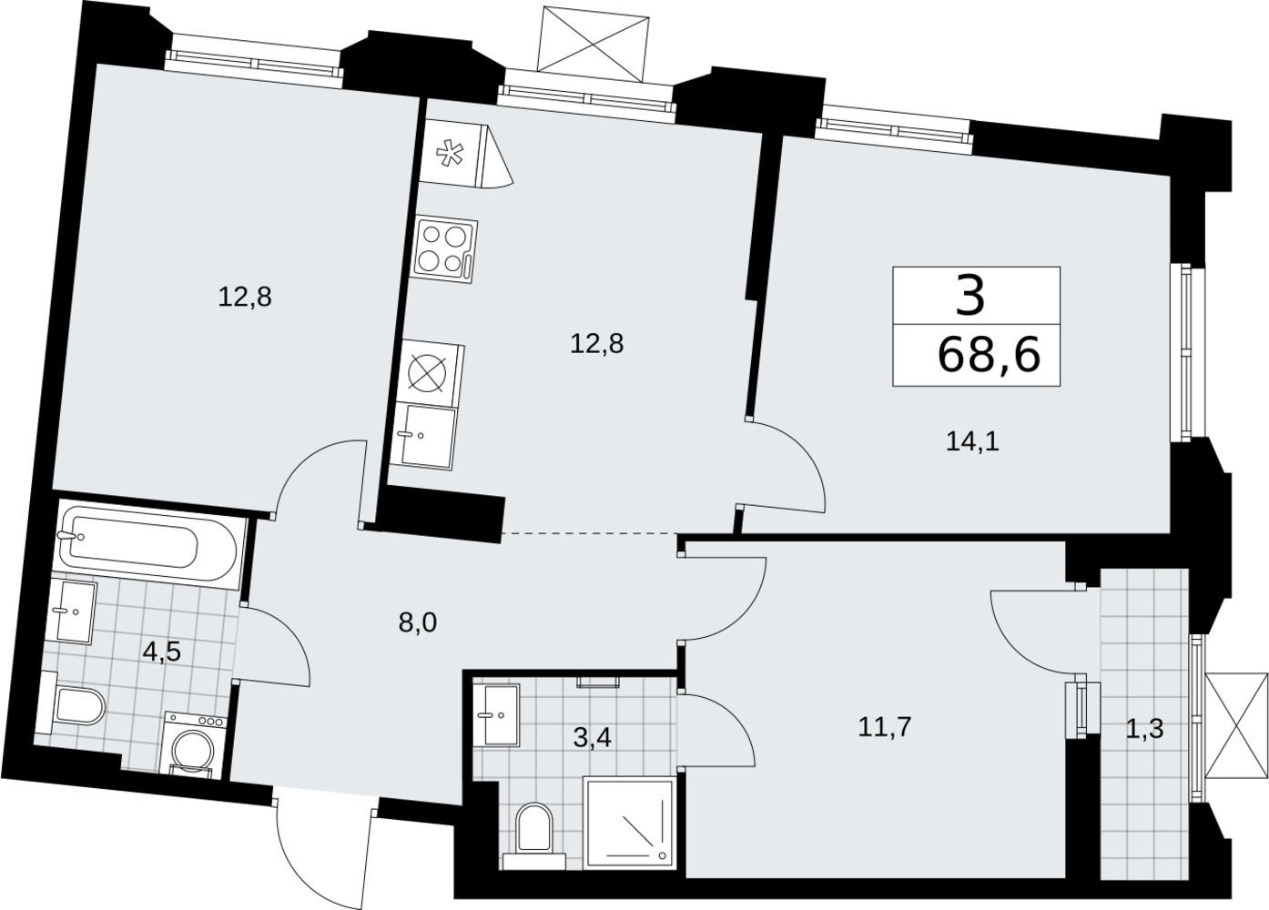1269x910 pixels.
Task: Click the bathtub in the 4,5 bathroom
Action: pyautogui.click(x=149, y=543)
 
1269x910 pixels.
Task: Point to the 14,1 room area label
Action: pyautogui.click(x=973, y=441)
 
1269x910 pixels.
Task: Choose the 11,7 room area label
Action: pyautogui.click(x=884, y=726)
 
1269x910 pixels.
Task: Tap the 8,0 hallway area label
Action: pyautogui.click(x=418, y=623)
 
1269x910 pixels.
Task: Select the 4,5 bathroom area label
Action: pyautogui.click(x=161, y=652)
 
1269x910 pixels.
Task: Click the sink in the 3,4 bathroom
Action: pyautogui.click(x=496, y=715)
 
